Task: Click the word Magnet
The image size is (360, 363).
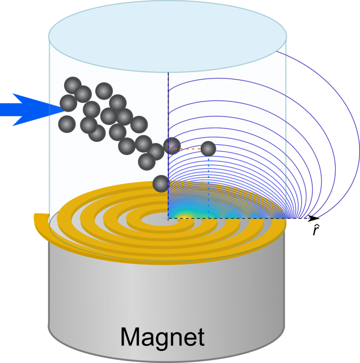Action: point(162,337)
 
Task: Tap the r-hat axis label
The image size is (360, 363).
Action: point(315,230)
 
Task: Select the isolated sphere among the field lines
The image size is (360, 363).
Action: point(208,149)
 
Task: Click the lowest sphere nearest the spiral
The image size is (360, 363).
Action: point(160,184)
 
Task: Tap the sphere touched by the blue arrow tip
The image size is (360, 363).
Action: point(68,103)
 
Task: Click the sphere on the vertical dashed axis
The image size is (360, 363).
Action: point(172,146)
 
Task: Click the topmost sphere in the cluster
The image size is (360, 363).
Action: point(73,85)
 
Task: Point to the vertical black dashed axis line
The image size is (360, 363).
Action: point(168,106)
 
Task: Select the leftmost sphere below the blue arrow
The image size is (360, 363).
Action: point(67,124)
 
